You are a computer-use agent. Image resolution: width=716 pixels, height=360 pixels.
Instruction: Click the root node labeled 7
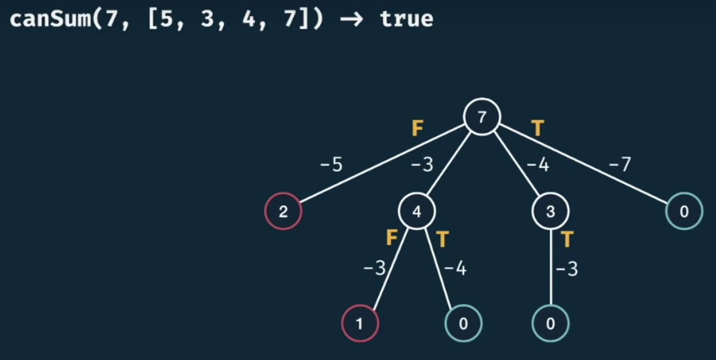pyautogui.click(x=482, y=117)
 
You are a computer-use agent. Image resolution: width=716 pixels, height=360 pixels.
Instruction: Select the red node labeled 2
pyautogui.click(x=283, y=211)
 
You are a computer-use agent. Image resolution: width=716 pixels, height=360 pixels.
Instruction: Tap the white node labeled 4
pyautogui.click(x=417, y=211)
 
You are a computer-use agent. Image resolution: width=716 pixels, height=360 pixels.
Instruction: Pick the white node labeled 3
pyautogui.click(x=550, y=211)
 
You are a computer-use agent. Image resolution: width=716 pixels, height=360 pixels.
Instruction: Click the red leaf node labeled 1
pyautogui.click(x=360, y=324)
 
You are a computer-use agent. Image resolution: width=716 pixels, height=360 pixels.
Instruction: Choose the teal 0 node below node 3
pyautogui.click(x=550, y=324)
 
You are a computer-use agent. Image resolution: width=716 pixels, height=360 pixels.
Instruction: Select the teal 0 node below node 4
pyautogui.click(x=463, y=324)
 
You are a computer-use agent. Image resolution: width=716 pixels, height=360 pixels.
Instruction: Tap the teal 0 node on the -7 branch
pyautogui.click(x=684, y=211)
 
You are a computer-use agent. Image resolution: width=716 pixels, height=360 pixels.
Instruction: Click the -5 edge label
pyautogui.click(x=331, y=166)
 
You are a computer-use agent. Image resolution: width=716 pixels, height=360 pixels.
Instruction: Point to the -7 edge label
pyautogui.click(x=620, y=166)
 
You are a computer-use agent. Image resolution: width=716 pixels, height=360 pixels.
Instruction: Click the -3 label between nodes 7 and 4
pyautogui.click(x=422, y=166)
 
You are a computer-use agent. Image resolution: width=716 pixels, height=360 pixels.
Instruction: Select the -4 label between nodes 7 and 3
pyautogui.click(x=537, y=166)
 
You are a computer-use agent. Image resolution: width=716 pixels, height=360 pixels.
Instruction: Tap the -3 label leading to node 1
pyautogui.click(x=374, y=269)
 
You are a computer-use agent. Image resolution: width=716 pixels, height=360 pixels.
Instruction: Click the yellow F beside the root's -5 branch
pyautogui.click(x=418, y=129)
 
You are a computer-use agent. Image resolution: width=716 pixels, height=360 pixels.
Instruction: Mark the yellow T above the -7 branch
pyautogui.click(x=537, y=128)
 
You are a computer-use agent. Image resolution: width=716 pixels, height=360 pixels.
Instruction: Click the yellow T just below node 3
pyautogui.click(x=567, y=239)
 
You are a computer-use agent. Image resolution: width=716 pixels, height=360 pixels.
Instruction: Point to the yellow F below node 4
pyautogui.click(x=392, y=238)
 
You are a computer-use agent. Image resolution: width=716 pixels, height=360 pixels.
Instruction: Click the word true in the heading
pyautogui.click(x=406, y=19)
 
